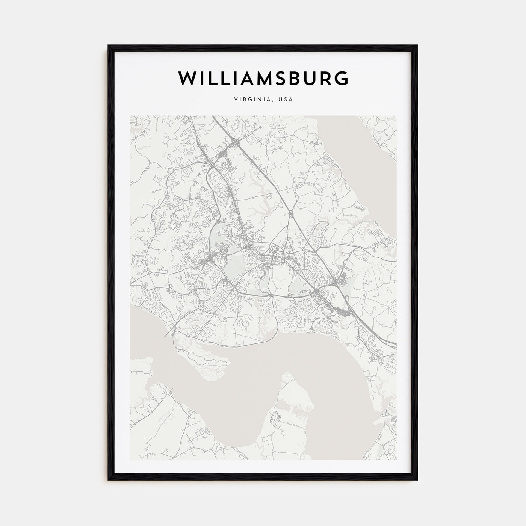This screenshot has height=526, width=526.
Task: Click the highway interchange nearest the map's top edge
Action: pos(236,142)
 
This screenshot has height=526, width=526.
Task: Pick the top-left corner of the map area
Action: pos(130,116)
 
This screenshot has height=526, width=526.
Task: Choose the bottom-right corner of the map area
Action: pos(396,460)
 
